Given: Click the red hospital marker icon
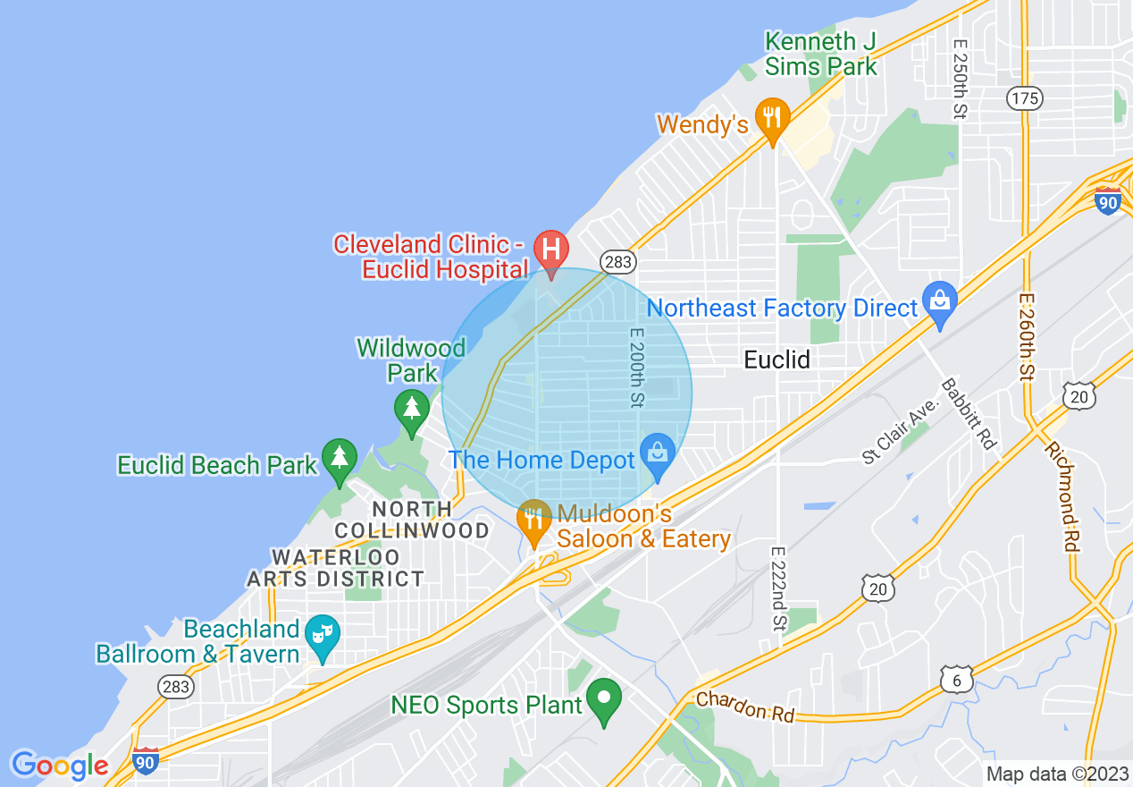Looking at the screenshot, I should (550, 249).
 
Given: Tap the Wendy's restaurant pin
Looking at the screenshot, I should (772, 118).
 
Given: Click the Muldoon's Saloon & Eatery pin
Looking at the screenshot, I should (533, 520).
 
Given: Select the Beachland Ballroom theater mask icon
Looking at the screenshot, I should (322, 634).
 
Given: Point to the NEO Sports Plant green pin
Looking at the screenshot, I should (605, 698).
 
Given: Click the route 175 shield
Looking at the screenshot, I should (1023, 97).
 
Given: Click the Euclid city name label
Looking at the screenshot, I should (777, 360).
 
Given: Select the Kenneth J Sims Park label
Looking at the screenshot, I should (821, 54).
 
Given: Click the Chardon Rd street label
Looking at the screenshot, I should (745, 707).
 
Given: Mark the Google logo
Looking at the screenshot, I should (59, 766).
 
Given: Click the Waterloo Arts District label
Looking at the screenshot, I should (336, 568).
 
